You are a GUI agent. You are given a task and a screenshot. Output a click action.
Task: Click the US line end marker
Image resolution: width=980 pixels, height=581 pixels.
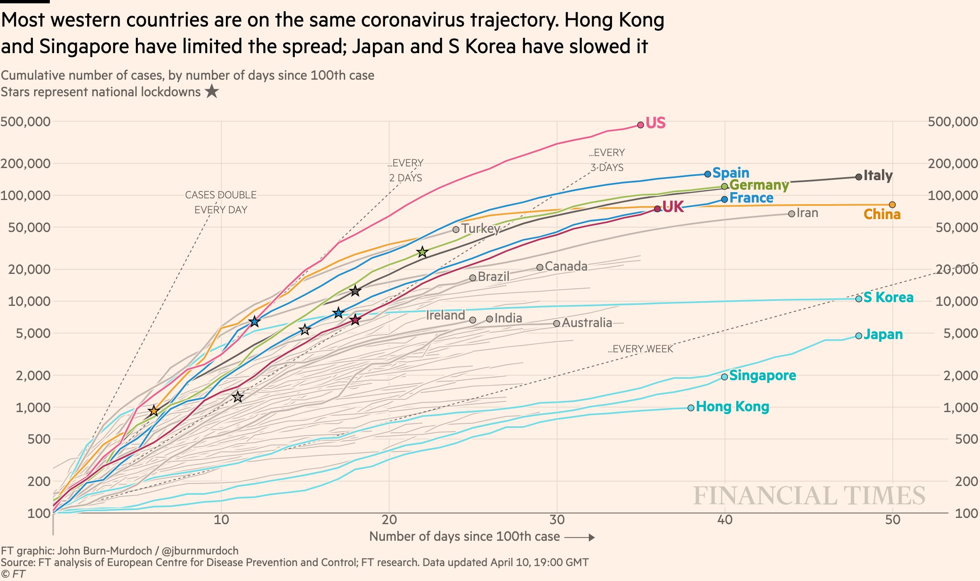(640, 124)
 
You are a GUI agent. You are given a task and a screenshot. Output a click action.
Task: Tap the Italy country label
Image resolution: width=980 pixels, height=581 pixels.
(878, 175)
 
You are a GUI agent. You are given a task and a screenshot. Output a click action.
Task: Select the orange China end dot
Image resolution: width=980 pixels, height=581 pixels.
(892, 205)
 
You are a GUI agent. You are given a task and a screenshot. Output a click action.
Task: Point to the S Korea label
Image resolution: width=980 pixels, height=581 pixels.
(888, 297)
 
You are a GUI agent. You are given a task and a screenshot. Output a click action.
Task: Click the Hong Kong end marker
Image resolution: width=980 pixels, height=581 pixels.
(691, 408)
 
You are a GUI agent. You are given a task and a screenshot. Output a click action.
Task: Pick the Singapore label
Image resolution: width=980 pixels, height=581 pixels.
(762, 375)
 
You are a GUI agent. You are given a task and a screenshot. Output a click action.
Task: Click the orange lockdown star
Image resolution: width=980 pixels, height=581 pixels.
(154, 411)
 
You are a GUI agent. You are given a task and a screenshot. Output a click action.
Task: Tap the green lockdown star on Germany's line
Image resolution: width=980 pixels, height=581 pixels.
(422, 252)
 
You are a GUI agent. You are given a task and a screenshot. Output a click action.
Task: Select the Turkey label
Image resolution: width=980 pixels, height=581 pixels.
(480, 228)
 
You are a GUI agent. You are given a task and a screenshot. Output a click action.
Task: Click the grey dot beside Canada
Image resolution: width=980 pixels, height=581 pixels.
(539, 267)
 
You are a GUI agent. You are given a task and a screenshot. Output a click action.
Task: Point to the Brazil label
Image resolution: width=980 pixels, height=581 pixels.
(493, 276)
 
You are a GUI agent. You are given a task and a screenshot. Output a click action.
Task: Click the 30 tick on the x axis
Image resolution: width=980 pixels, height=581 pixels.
(557, 520)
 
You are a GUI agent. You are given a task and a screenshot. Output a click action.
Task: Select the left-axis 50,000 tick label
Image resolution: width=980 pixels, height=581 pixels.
(29, 227)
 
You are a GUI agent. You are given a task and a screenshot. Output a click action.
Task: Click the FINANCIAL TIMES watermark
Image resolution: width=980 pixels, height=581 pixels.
(809, 496)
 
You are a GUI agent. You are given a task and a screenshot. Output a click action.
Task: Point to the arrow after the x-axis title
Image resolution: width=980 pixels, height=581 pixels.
(580, 537)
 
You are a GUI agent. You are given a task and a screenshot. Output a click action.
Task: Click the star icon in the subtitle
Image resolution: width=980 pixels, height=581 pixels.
(212, 91)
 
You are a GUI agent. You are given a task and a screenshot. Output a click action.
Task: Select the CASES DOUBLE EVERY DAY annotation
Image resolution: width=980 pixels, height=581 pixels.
(221, 202)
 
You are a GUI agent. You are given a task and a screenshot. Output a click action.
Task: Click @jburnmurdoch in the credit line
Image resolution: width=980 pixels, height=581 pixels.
(200, 551)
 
